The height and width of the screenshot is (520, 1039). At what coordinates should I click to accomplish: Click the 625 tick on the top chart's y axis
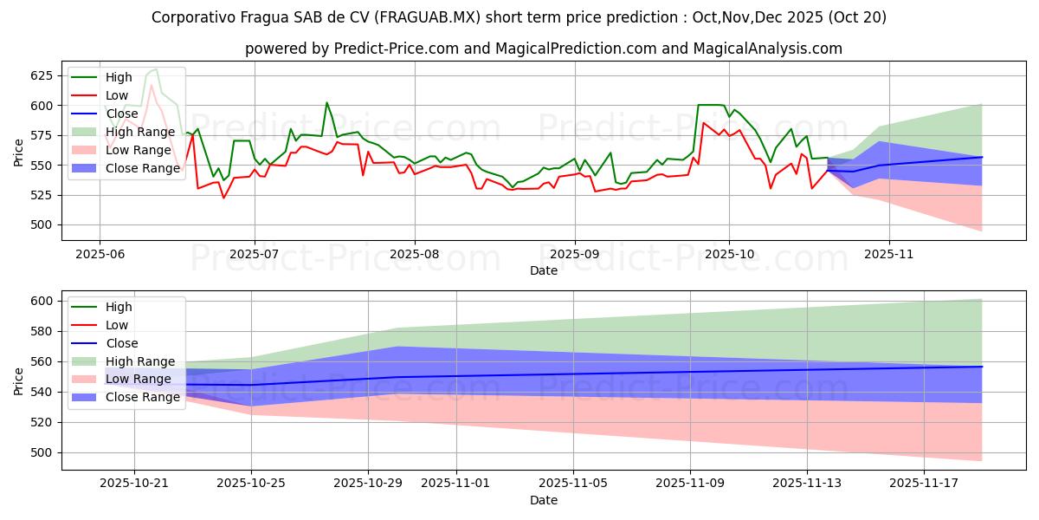click(42, 75)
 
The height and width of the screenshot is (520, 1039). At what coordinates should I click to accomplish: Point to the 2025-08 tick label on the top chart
click(414, 255)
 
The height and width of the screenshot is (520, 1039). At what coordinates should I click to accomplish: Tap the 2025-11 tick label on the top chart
click(888, 255)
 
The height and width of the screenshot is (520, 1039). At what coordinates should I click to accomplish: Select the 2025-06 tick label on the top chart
click(100, 255)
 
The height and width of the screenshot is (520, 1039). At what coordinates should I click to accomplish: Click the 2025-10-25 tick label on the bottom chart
click(251, 483)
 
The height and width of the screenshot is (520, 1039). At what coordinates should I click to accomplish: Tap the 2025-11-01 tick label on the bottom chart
click(455, 483)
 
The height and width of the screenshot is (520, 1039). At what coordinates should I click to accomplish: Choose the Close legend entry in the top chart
click(122, 114)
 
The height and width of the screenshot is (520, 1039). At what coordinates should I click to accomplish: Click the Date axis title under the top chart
click(543, 271)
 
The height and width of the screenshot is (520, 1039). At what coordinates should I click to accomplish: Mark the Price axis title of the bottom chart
click(20, 380)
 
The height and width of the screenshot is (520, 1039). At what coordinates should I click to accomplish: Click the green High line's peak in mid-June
click(155, 69)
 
